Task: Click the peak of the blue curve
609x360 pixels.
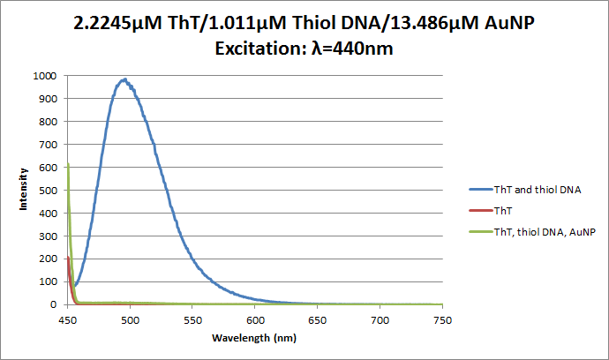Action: (x=126, y=79)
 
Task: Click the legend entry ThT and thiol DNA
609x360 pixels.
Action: (x=538, y=189)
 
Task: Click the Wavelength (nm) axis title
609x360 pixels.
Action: (x=254, y=338)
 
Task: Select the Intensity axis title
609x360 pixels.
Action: (x=25, y=190)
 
